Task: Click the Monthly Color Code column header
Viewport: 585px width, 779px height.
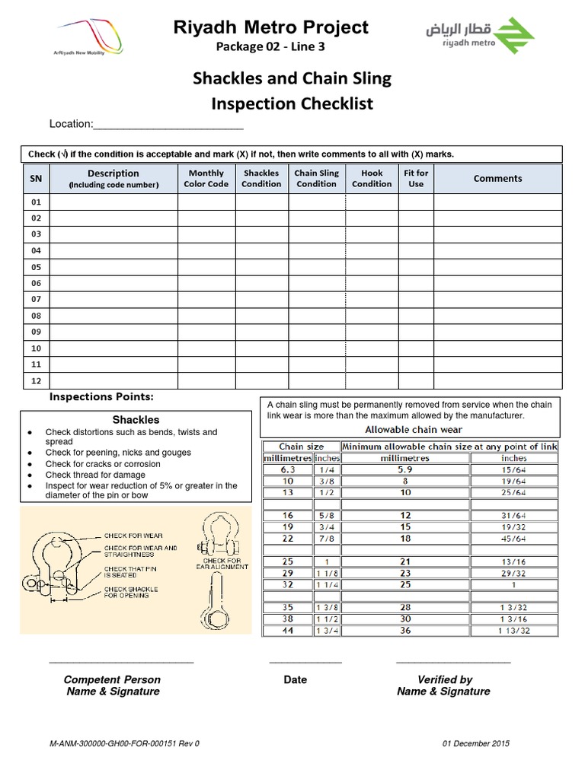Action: click(x=206, y=179)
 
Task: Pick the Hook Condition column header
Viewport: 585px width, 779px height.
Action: click(x=372, y=179)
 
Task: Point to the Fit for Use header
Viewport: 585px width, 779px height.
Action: click(x=416, y=179)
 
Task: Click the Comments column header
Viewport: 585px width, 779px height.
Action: click(x=497, y=179)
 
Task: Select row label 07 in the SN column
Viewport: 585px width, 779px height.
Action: click(x=36, y=299)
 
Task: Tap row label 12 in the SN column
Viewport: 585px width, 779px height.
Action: click(x=36, y=380)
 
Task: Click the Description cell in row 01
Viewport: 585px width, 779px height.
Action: click(x=113, y=202)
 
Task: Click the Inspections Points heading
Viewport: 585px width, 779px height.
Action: click(x=101, y=397)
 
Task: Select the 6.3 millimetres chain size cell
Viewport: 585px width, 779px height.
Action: click(x=288, y=469)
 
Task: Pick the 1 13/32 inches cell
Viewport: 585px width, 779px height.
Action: click(x=513, y=630)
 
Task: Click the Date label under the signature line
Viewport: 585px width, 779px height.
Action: click(x=295, y=679)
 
